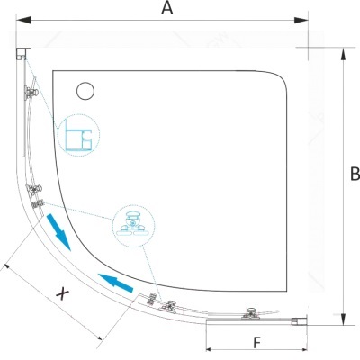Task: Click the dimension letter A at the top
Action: click(167, 7)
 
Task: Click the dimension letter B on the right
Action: click(355, 174)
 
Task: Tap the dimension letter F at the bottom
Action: click(256, 343)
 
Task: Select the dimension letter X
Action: click(62, 293)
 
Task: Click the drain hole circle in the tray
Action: click(85, 91)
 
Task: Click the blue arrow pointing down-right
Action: click(58, 231)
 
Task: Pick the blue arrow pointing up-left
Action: click(115, 283)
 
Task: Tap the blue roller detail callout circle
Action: click(133, 226)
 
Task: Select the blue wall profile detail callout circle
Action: click(78, 135)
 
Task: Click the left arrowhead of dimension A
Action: click(23, 21)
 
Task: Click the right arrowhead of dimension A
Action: click(301, 21)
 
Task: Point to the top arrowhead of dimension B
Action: click(344, 55)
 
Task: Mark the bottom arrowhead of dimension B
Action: click(344, 318)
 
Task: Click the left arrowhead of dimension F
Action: click(211, 349)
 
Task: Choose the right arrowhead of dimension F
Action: click(301, 349)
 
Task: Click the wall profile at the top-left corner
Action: click(22, 54)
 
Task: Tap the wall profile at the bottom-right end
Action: click(299, 321)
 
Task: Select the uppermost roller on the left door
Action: click(31, 93)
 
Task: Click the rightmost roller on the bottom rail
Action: click(250, 313)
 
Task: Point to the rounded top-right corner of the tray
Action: click(281, 78)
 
